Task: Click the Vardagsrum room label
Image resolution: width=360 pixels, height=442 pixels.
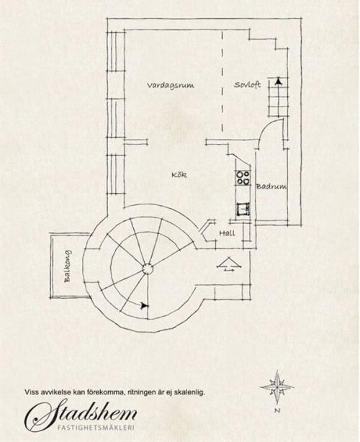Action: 171,86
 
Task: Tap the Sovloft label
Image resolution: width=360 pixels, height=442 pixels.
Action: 247,84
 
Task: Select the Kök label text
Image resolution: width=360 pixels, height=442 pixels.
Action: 179,175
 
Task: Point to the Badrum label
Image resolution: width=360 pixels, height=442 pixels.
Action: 271,186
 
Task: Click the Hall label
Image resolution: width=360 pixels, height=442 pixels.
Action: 227,233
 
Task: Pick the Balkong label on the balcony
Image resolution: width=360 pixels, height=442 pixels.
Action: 68,266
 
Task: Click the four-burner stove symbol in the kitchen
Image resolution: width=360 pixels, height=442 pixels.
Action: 243,178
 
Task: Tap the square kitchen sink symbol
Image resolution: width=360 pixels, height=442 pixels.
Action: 243,209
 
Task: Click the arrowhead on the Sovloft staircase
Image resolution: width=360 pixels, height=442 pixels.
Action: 279,81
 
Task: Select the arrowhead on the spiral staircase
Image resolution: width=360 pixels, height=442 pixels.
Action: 144,305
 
